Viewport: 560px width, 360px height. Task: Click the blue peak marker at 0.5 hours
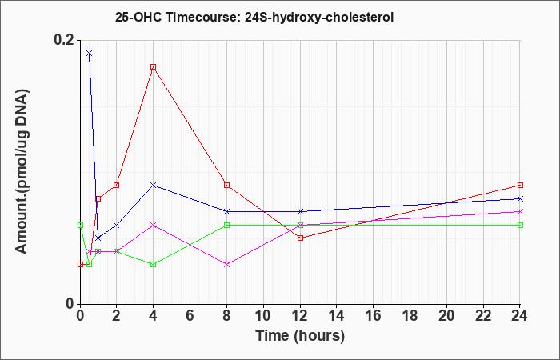point(90,54)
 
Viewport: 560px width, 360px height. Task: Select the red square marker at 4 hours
point(154,66)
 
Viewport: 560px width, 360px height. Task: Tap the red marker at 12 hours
point(300,238)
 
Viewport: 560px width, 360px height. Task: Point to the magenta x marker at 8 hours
point(226,265)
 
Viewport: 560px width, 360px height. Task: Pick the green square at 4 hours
point(154,265)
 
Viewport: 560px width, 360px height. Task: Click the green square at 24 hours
point(520,225)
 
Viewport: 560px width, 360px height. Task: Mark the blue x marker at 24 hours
point(520,198)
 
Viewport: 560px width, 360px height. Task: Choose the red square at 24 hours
point(520,185)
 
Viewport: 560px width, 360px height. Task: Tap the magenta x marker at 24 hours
point(520,212)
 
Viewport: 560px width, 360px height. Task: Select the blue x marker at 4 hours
point(154,185)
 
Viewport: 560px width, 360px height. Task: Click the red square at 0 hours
point(80,265)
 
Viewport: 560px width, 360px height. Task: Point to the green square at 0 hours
point(80,225)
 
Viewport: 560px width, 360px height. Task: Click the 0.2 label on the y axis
point(64,40)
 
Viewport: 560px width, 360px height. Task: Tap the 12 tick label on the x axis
point(300,316)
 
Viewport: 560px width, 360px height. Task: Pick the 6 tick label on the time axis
point(190,316)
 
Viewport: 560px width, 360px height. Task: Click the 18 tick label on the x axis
point(410,316)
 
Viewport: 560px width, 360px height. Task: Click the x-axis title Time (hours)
point(300,336)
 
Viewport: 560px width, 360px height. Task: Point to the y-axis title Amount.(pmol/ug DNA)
point(22,171)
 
